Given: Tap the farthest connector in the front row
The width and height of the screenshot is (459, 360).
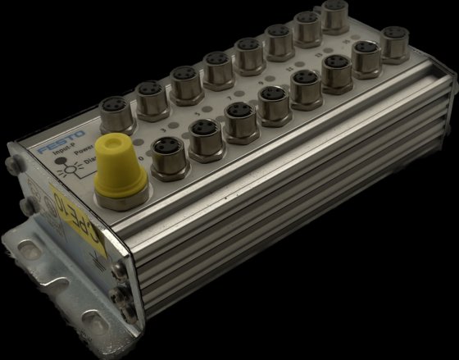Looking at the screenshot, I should tap(396, 45).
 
